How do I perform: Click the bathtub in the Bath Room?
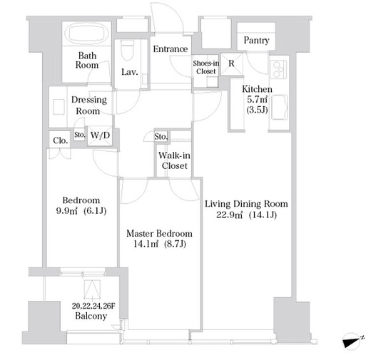[x=86, y=33]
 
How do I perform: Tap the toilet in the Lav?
[x=127, y=50]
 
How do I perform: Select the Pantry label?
[x=256, y=40]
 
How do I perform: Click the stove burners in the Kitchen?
[x=278, y=69]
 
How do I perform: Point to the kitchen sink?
[x=279, y=107]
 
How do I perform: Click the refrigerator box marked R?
[x=231, y=64]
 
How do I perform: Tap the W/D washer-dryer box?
[x=100, y=135]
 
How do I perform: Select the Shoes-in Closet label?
[x=206, y=67]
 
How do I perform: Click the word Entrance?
[x=171, y=49]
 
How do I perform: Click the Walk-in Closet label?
[x=174, y=160]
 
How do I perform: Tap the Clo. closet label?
[x=61, y=140]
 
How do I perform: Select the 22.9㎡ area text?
[x=229, y=215]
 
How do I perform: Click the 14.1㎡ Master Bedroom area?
[x=146, y=244]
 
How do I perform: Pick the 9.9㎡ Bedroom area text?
[x=66, y=211]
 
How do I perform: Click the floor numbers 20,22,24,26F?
[x=93, y=306]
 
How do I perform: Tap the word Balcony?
[x=91, y=316]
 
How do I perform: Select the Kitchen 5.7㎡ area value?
[x=257, y=99]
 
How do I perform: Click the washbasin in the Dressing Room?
[x=59, y=107]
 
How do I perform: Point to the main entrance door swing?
[x=167, y=18]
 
